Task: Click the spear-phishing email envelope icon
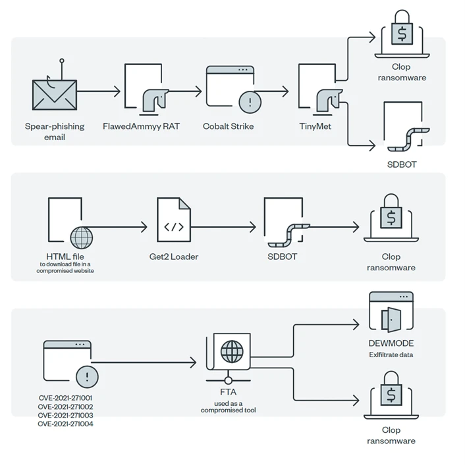click(x=55, y=95)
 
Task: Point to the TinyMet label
click(x=315, y=126)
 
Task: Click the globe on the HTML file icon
click(x=82, y=237)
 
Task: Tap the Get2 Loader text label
click(x=174, y=257)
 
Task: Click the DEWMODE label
click(x=391, y=344)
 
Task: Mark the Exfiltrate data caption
click(x=391, y=355)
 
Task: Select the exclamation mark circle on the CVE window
click(x=87, y=377)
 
